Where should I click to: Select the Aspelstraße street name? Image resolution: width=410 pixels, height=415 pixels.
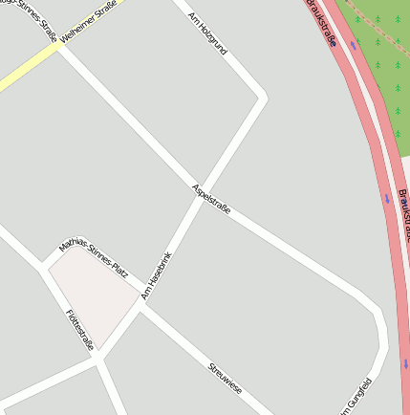pyautogui.click(x=211, y=203)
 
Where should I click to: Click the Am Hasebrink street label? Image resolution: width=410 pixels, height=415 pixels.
pyautogui.click(x=156, y=275)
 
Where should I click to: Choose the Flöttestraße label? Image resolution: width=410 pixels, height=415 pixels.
pyautogui.click(x=80, y=330)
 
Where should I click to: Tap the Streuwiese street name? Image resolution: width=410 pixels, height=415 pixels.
pyautogui.click(x=226, y=379)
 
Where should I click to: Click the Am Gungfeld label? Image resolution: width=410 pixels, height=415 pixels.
pyautogui.click(x=359, y=397)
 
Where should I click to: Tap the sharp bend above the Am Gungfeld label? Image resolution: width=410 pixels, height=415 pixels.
pyautogui.click(x=379, y=330)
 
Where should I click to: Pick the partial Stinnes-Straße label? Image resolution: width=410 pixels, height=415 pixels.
pyautogui.click(x=28, y=11)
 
